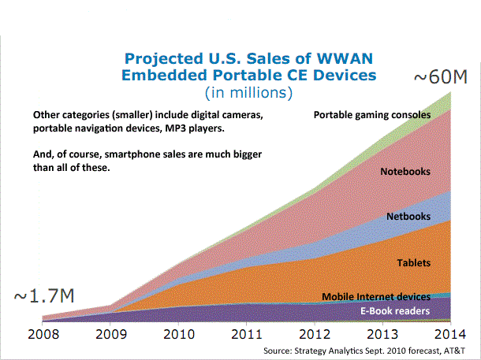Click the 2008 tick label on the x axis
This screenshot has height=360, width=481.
(x=43, y=334)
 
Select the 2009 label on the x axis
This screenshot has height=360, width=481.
(x=111, y=334)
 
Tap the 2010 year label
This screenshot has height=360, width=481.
(x=179, y=334)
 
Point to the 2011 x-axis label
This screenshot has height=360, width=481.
(x=247, y=334)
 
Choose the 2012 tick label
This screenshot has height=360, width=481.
(x=315, y=334)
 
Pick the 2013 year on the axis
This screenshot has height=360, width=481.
(x=382, y=334)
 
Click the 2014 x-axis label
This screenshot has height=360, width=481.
(x=450, y=334)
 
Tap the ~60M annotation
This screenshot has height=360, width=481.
(x=441, y=76)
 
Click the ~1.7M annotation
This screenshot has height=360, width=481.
(x=44, y=295)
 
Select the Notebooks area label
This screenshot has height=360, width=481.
(x=405, y=171)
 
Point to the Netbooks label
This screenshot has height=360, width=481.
(x=408, y=217)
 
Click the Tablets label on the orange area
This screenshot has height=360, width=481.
(x=414, y=262)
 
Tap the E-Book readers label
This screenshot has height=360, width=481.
(x=395, y=311)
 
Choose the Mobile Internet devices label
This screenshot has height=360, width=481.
(x=376, y=296)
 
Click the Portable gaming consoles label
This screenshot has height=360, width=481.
(x=372, y=115)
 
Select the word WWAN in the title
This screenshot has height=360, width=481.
(x=345, y=58)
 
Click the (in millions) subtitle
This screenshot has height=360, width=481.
(x=248, y=93)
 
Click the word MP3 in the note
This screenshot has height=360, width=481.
(x=175, y=128)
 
